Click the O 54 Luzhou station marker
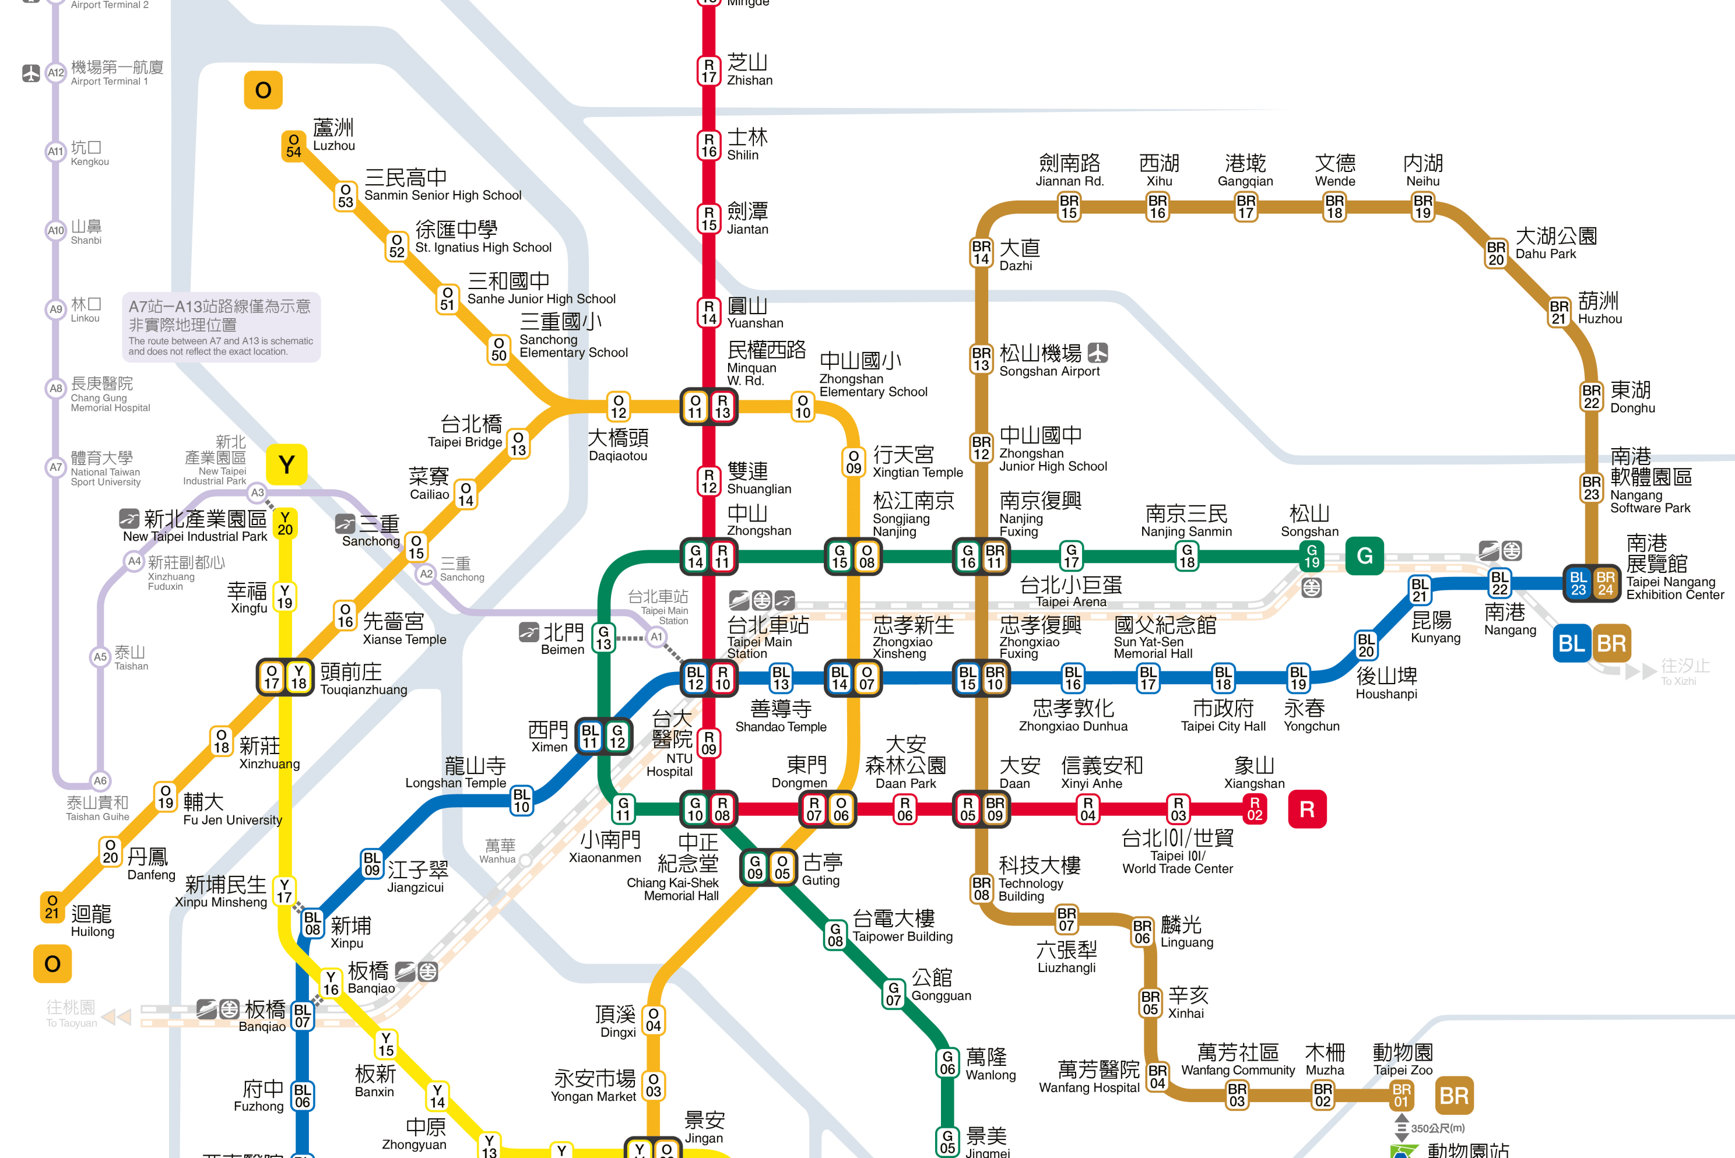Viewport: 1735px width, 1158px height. (294, 146)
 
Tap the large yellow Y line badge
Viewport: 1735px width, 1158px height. (287, 464)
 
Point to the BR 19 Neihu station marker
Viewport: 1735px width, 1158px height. (1423, 207)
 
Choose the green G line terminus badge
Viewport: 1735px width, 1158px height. (1364, 555)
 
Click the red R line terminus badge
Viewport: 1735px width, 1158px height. (1306, 809)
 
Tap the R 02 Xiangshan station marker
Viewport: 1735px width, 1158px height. (1254, 809)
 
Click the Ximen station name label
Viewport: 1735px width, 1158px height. (548, 736)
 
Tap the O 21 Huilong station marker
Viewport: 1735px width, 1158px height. (52, 907)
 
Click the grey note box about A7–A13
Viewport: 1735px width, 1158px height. (221, 326)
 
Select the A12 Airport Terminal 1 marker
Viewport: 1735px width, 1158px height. (56, 72)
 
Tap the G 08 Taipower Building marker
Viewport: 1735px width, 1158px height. (835, 934)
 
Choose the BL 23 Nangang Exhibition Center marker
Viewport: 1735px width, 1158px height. (1578, 583)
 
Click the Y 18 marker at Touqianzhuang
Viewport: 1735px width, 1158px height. (298, 677)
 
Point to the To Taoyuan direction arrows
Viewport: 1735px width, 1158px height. (116, 1017)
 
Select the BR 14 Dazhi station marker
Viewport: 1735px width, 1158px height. (981, 252)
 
